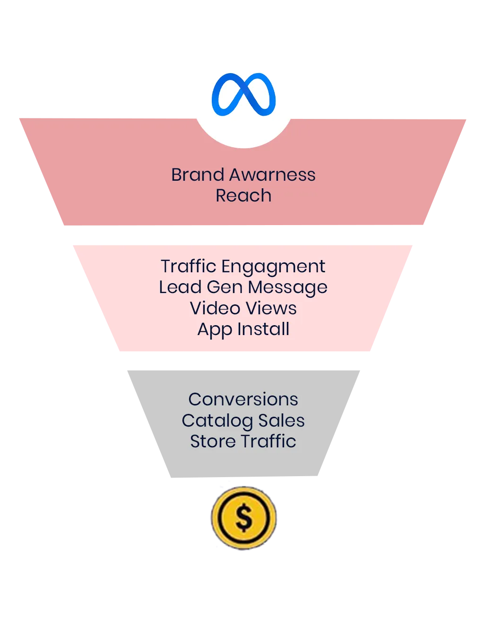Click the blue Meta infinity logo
tap(243, 95)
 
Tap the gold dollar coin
tap(244, 518)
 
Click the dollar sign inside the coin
tap(244, 518)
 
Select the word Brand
tap(198, 175)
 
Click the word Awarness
tap(272, 175)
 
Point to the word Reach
tap(243, 195)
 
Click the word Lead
tap(180, 287)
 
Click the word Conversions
tap(243, 399)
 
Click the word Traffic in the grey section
tap(269, 441)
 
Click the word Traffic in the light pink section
tap(188, 266)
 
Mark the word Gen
tap(225, 287)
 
